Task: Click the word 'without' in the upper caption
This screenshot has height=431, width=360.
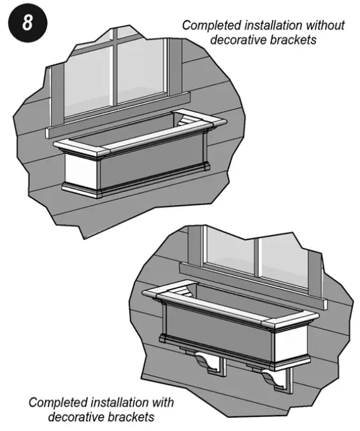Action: point(322,26)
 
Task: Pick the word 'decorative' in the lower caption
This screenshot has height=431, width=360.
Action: point(74,417)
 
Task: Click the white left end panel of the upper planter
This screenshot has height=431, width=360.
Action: point(81,170)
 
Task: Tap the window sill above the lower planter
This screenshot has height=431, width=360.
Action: point(255,283)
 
